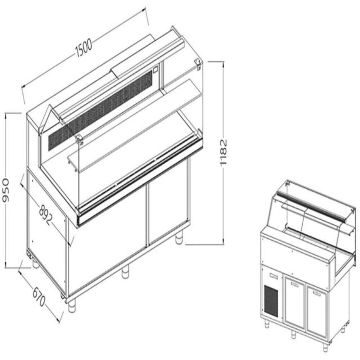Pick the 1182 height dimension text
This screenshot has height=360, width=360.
point(224,152)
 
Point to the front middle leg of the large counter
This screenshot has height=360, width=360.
point(125,272)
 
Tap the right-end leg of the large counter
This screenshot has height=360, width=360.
point(179,239)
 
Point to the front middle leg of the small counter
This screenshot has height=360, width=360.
point(294,334)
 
